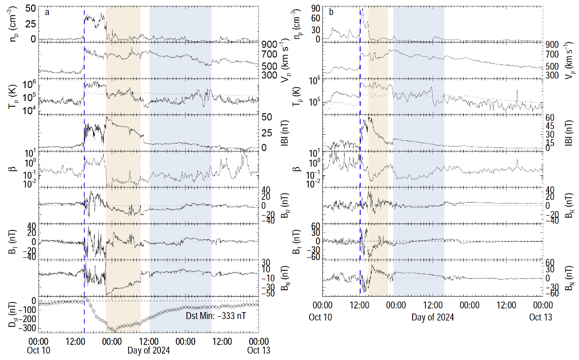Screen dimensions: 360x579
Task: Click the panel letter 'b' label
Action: tap(331, 12)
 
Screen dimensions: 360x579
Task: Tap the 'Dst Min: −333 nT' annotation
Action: tap(215, 316)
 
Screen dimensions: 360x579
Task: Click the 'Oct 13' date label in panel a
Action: tap(258, 350)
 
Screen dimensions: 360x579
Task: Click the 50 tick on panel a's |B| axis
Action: tap(268, 117)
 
